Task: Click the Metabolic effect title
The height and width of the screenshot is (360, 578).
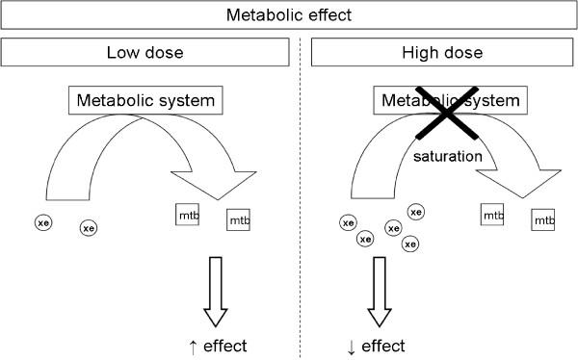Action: (288, 15)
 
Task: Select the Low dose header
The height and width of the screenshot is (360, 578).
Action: (144, 52)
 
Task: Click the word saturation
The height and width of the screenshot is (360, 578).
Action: (447, 154)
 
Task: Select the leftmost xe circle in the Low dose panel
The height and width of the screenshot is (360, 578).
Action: (43, 222)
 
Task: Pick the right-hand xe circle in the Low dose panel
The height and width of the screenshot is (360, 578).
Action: (89, 228)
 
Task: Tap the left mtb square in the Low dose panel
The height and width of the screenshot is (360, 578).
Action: (188, 214)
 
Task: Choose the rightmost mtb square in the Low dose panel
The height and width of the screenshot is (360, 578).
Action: (238, 220)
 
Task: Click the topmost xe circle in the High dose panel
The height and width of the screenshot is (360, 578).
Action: (416, 212)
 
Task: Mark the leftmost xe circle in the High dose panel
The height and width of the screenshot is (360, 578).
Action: (348, 222)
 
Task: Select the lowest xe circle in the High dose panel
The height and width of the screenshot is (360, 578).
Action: (410, 244)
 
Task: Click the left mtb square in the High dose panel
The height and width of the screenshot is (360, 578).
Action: (493, 215)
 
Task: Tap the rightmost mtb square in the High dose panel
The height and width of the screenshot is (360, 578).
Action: (543, 220)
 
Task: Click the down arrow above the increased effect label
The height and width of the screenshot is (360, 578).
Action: (215, 295)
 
